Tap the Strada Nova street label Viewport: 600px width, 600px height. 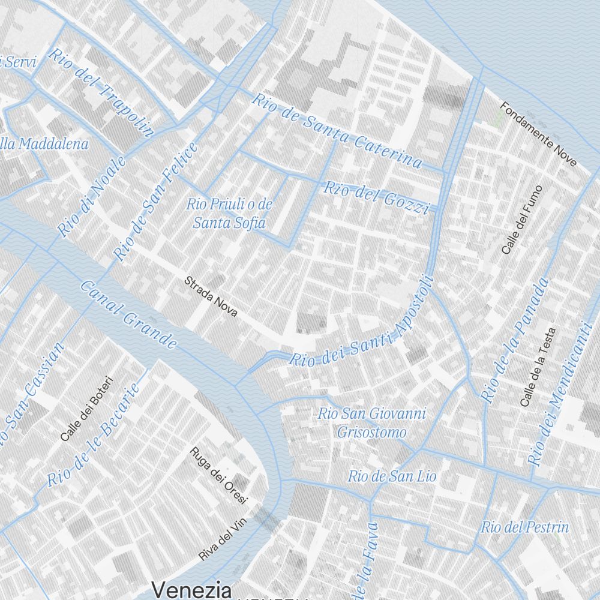point(211,296)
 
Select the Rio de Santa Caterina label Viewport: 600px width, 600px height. point(337,131)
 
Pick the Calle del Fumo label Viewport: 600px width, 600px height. point(521,220)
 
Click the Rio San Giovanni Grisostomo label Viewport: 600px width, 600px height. point(372,423)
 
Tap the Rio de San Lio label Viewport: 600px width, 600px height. point(392,476)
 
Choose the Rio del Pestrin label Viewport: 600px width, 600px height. point(524,527)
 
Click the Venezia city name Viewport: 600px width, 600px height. point(191,590)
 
